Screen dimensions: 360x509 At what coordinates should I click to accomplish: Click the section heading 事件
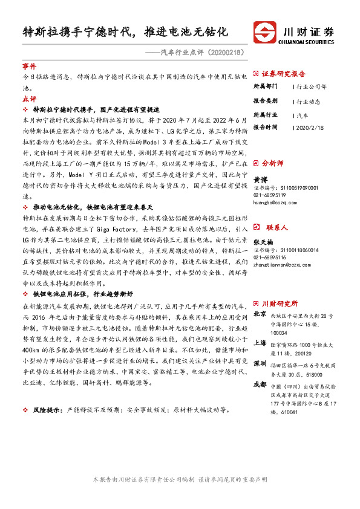click(28, 66)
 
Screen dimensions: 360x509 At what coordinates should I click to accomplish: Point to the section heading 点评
click(28, 98)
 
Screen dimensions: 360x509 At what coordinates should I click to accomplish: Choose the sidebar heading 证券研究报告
click(283, 73)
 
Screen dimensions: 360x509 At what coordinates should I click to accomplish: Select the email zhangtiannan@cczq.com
click(279, 265)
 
